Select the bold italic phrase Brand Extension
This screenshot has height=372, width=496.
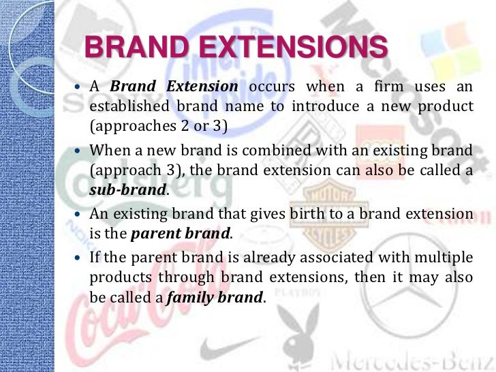coord(174,87)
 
